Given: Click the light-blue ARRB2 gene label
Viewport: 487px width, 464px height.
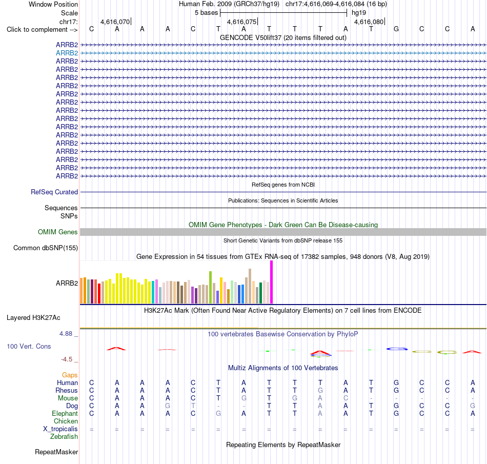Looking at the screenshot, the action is pyautogui.click(x=67, y=53).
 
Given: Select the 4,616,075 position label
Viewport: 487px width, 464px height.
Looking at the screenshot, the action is pyautogui.click(x=241, y=22).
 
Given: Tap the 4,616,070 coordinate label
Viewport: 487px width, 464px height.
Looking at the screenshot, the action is pyautogui.click(x=115, y=22).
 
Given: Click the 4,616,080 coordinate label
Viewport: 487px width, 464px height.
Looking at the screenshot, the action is pyautogui.click(x=369, y=22).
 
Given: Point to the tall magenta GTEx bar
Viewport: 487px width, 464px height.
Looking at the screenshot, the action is pyautogui.click(x=272, y=282).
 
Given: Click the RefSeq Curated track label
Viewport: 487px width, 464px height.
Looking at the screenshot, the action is pyautogui.click(x=54, y=192).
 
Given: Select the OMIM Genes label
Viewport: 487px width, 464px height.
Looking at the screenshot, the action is pyautogui.click(x=58, y=232).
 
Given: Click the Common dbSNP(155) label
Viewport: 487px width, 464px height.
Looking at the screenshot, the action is pyautogui.click(x=46, y=248).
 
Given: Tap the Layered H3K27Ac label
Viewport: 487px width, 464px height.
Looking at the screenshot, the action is pyautogui.click(x=33, y=318).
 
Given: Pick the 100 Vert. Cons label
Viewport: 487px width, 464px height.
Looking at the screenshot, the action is pyautogui.click(x=29, y=346).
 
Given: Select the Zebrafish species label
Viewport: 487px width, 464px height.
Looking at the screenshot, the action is pyautogui.click(x=64, y=437).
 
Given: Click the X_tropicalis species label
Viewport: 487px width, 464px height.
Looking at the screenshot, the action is pyautogui.click(x=60, y=429).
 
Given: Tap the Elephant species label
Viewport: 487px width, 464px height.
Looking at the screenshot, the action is pyautogui.click(x=65, y=414).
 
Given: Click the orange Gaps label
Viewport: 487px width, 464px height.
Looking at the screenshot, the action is pyautogui.click(x=70, y=375).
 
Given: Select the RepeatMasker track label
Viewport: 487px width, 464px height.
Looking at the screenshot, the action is pyautogui.click(x=56, y=452).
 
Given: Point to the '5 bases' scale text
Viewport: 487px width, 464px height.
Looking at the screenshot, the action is pyautogui.click(x=207, y=13).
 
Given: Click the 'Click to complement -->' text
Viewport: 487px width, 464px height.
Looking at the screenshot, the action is pyautogui.click(x=42, y=30).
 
